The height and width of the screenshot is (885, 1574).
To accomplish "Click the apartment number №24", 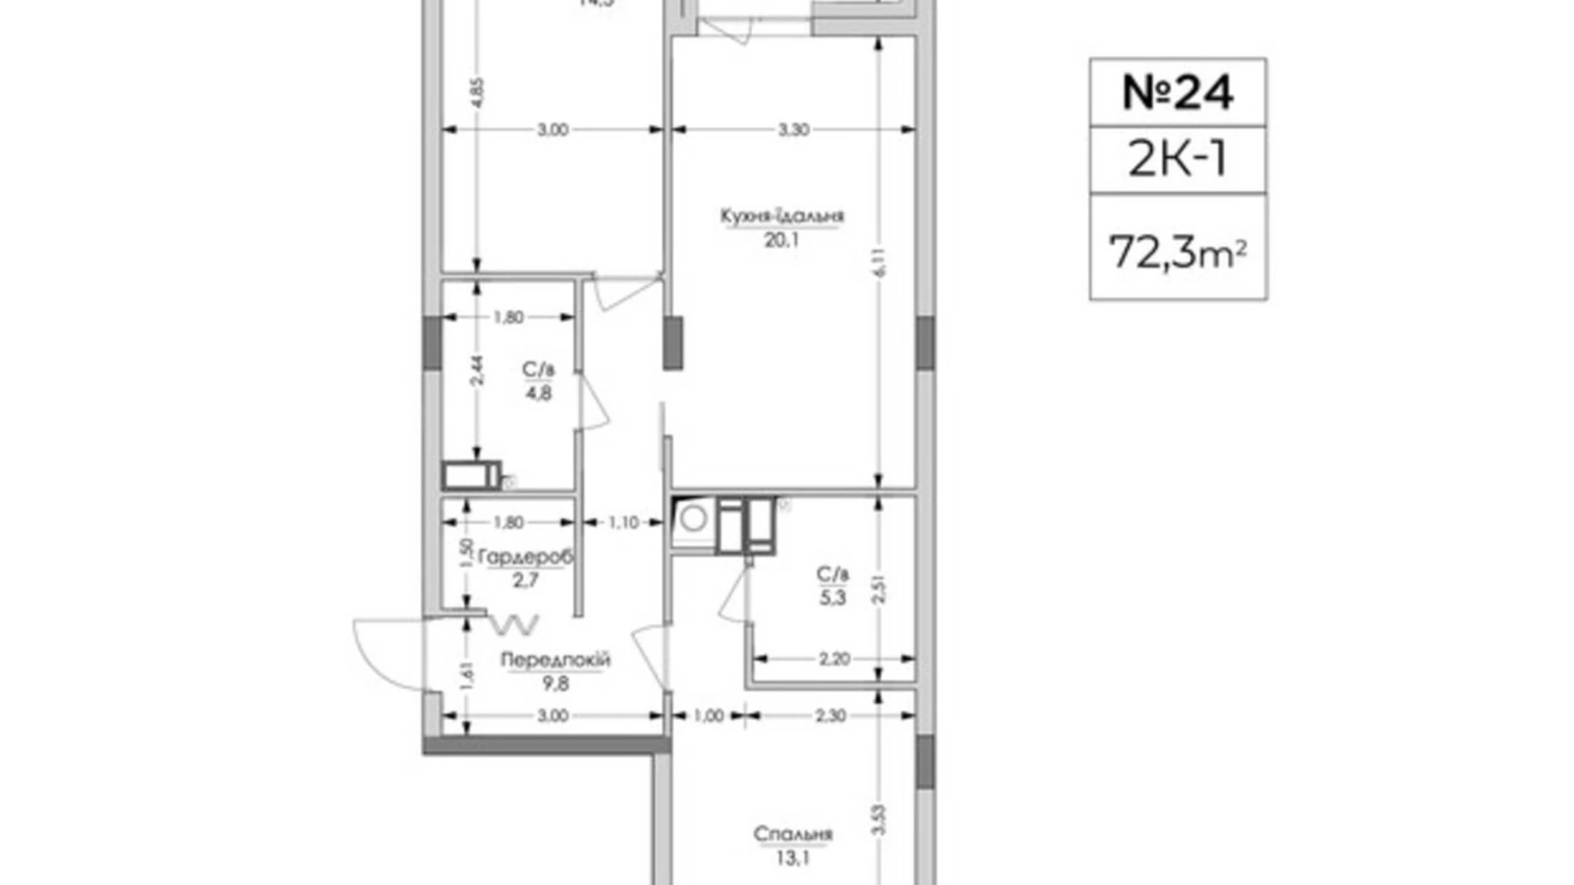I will pos(1178,93).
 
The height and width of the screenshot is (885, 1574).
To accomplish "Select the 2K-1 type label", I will pos(1178,159).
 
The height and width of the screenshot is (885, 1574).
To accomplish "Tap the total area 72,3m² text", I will pos(1178,252).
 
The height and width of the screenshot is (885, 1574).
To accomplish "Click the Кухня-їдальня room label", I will pos(782,216).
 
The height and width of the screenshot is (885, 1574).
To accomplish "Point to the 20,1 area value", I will pos(782,240).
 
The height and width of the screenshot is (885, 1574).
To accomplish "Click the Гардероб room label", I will pos(525,557).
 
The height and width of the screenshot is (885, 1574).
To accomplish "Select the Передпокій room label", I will pos(555,659).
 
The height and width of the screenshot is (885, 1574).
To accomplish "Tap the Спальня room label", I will pos(792,834).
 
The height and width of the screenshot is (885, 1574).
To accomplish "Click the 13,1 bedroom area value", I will pos(792,858).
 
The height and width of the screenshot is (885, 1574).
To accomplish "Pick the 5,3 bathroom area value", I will pos(833,597).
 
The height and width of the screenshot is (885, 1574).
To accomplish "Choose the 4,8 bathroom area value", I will pos(539,393).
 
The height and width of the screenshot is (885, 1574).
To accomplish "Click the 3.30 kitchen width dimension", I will pos(793,130).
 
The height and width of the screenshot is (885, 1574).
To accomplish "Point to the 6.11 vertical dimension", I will pos(880,262).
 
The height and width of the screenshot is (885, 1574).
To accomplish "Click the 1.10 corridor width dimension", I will pos(623,522).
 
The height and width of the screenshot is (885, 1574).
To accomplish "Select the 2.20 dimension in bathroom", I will pos(834,659).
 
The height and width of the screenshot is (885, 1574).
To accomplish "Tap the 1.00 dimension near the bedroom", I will pos(708,716).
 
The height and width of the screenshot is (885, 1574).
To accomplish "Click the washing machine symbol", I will pos(693,518).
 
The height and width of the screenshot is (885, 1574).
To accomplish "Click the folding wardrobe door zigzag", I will pos(514,625).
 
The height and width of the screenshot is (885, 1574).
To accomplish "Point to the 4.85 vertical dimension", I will pos(477,92).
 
